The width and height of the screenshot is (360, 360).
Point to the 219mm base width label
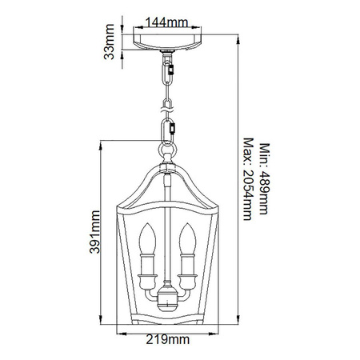[167, 340]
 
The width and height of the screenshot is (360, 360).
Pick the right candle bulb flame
[190, 237]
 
